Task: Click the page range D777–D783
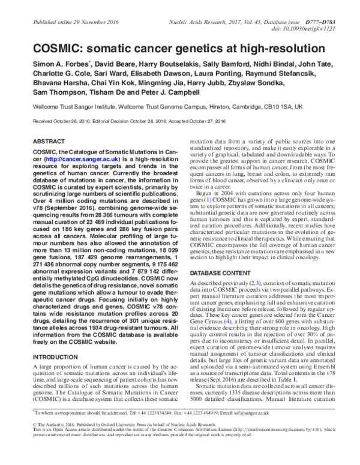(x=328, y=5)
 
